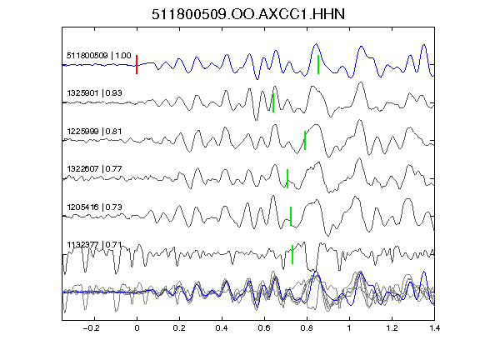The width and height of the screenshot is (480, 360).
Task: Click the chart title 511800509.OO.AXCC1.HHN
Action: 248,14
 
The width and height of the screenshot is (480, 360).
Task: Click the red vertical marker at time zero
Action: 137,65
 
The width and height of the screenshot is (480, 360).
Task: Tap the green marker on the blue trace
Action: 318,65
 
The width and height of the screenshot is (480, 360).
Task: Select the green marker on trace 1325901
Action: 273,102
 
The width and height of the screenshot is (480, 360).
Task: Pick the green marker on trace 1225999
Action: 305,140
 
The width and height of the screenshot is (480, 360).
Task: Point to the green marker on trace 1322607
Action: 287,178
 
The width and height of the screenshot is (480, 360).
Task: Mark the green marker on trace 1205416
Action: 291,216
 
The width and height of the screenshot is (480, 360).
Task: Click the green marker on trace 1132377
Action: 292,254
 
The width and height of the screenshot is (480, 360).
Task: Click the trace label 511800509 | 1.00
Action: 99,56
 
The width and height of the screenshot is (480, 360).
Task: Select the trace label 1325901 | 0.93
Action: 95,93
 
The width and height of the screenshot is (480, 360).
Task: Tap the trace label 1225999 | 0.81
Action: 95,132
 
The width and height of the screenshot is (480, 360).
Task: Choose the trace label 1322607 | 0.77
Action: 95,169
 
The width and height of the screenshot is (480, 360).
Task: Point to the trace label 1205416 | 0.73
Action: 95,207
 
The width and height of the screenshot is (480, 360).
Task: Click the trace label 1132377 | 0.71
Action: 95,245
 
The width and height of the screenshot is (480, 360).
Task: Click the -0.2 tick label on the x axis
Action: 92,328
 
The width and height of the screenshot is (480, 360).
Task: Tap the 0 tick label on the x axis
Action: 137,328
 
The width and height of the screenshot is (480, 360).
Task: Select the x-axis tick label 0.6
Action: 264,328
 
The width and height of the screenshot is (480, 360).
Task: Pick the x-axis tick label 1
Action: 349,328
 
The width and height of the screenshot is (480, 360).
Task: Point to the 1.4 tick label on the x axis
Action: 434,328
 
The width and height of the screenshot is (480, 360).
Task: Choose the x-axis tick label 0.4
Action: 222,328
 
